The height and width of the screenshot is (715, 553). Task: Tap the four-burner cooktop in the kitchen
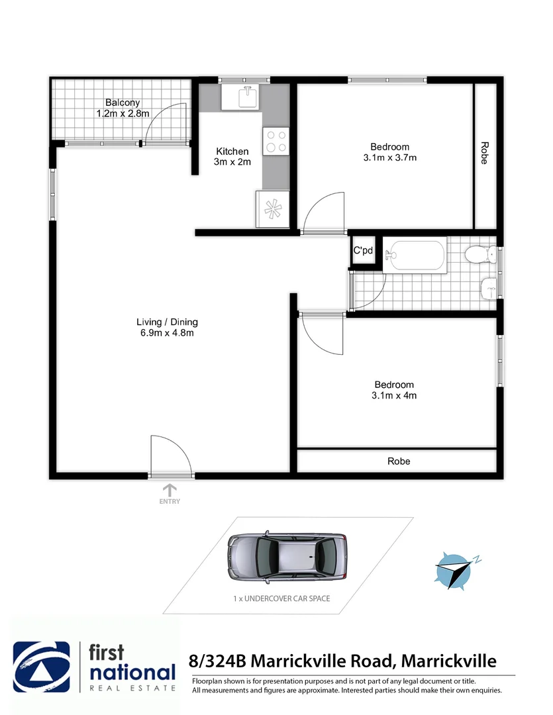click(275, 140)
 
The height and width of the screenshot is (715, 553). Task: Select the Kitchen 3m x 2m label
click(232, 157)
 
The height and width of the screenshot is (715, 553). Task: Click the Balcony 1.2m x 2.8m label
click(122, 108)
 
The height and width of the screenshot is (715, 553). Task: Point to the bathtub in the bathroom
click(417, 255)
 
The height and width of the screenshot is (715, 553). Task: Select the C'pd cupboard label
click(362, 251)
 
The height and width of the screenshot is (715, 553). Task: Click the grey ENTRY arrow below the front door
click(170, 491)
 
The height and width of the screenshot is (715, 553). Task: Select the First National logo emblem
click(42, 667)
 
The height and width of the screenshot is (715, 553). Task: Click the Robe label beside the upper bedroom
click(485, 153)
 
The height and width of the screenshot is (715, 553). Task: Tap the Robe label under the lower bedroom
click(399, 461)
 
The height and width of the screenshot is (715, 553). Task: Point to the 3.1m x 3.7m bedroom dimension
click(389, 158)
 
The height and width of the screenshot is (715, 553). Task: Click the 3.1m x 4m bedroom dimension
click(394, 395)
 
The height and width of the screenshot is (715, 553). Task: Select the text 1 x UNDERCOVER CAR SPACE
click(281, 598)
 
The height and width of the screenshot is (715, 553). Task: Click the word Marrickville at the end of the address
click(450, 661)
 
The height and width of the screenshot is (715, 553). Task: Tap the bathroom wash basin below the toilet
click(489, 287)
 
